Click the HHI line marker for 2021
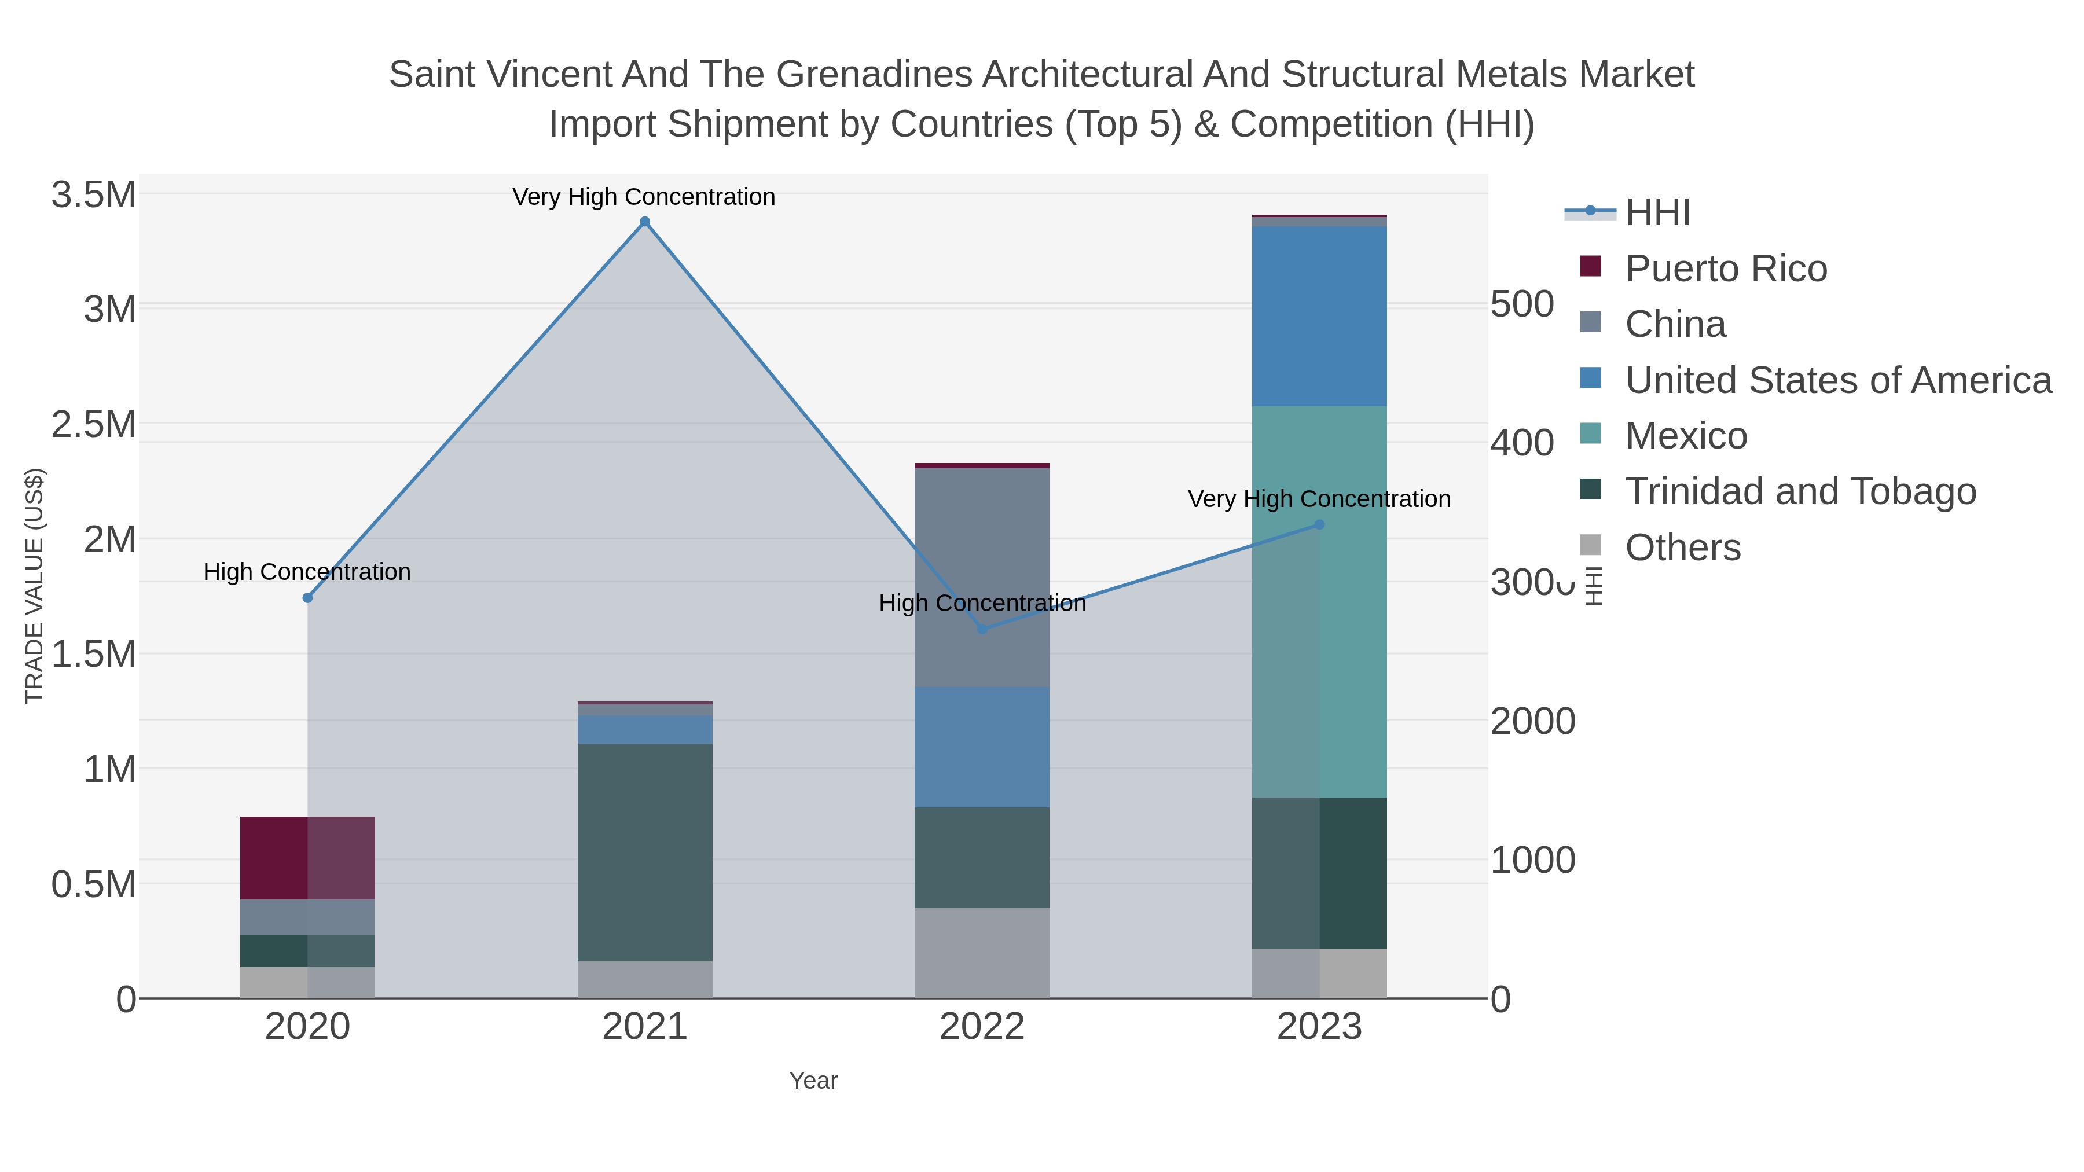(645, 222)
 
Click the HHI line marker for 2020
(307, 598)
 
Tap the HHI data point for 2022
(982, 629)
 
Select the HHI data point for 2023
(1319, 524)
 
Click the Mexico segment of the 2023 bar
(1319, 602)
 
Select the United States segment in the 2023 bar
(1319, 315)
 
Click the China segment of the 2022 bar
(982, 578)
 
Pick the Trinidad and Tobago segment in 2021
(645, 852)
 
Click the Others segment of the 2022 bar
(982, 952)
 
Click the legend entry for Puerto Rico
(1725, 269)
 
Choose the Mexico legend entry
(1685, 436)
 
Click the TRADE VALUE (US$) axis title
(34, 586)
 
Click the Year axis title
(813, 1081)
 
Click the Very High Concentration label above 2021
(644, 197)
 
